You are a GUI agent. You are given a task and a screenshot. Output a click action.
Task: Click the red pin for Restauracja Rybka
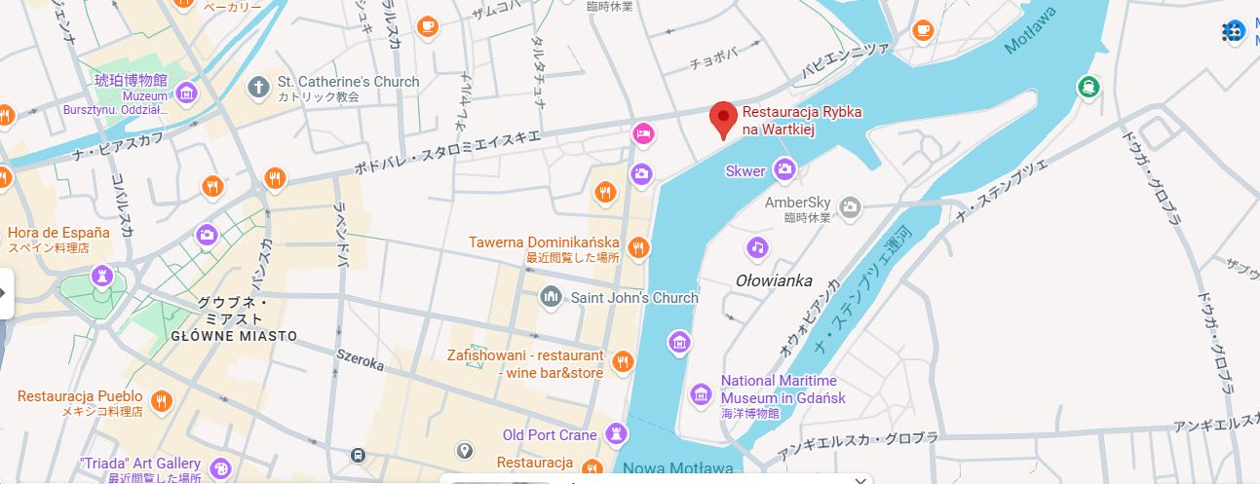pyautogui.click(x=722, y=119)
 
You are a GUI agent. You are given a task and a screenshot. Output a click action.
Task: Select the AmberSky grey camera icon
pyautogui.click(x=851, y=206)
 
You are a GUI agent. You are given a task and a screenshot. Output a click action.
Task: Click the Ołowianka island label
pyautogui.click(x=774, y=281)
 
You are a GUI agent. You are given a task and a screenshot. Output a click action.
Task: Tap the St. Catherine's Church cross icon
pyautogui.click(x=259, y=89)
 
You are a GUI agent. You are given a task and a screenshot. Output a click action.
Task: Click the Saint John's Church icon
pyautogui.click(x=551, y=296)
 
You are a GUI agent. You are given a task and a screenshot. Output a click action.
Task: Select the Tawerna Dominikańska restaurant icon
pyautogui.click(x=638, y=247)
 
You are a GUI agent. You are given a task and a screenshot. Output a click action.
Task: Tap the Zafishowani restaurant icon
pyautogui.click(x=624, y=362)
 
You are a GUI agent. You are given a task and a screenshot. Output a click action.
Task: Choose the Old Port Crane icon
pyautogui.click(x=616, y=433)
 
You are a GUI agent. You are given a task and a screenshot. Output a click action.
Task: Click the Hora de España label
pyautogui.click(x=58, y=233)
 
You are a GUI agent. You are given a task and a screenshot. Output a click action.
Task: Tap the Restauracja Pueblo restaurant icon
pyautogui.click(x=162, y=400)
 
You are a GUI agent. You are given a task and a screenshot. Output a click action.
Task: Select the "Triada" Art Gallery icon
pyautogui.click(x=221, y=468)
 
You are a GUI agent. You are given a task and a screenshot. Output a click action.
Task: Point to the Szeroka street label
pyautogui.click(x=360, y=360)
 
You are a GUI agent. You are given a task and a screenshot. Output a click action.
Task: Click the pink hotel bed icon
pyautogui.click(x=642, y=132)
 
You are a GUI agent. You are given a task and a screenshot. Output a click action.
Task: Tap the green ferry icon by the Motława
pyautogui.click(x=1088, y=88)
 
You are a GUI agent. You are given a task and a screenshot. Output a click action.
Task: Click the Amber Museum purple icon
pyautogui.click(x=186, y=93)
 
